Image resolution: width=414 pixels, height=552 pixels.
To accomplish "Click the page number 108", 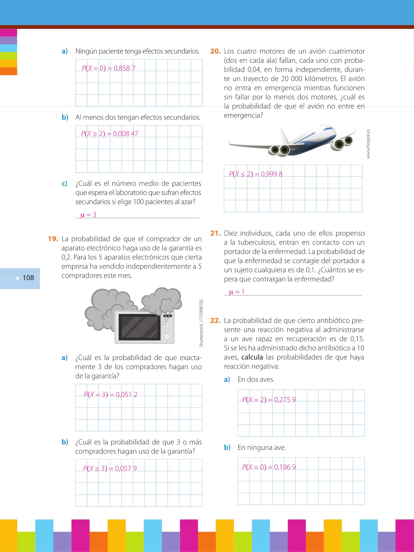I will pyautogui.click(x=28, y=278).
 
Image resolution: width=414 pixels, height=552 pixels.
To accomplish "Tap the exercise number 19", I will pyautogui.click(x=53, y=239).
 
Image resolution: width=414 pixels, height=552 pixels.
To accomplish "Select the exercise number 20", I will pyautogui.click(x=215, y=51).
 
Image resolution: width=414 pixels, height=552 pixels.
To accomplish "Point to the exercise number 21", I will pyautogui.click(x=215, y=233).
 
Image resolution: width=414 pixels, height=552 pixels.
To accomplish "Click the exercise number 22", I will pyautogui.click(x=215, y=321).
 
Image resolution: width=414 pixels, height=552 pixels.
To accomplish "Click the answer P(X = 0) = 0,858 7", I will pyautogui.click(x=108, y=68).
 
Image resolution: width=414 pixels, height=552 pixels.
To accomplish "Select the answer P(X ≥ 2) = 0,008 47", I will pyautogui.click(x=109, y=134).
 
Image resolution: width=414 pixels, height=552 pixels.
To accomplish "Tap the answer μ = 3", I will pyautogui.click(x=88, y=215).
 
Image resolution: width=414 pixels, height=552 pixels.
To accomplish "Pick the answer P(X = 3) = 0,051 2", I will pyautogui.click(x=110, y=395).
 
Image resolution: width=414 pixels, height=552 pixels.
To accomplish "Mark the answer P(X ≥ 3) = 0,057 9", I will pyautogui.click(x=110, y=469).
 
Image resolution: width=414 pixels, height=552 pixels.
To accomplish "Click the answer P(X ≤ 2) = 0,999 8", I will pyautogui.click(x=255, y=174).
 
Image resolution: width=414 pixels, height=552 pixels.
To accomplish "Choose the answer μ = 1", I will pyautogui.click(x=237, y=292).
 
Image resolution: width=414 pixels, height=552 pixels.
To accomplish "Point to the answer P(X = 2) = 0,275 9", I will pyautogui.click(x=269, y=400).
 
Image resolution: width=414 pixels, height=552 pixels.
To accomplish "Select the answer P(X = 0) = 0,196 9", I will pyautogui.click(x=269, y=467).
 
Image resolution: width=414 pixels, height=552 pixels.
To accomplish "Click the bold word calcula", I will pyautogui.click(x=252, y=357).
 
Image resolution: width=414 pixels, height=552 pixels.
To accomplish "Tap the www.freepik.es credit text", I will pyautogui.click(x=368, y=144).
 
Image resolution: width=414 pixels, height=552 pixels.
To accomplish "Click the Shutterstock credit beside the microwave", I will pyautogui.click(x=201, y=323).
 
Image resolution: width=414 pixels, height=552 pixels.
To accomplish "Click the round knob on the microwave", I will pyautogui.click(x=167, y=336).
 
